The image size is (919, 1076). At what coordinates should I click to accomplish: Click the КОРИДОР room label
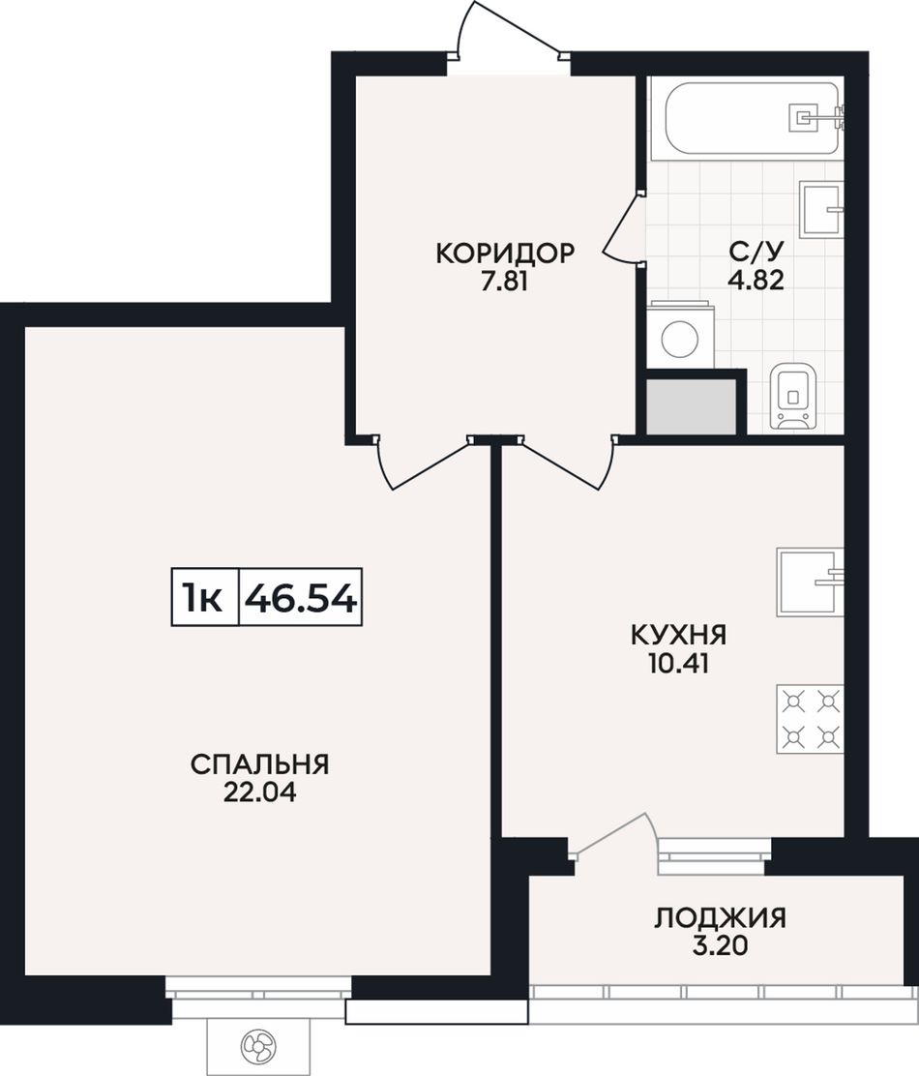(504, 254)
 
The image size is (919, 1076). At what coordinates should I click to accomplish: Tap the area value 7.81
(504, 282)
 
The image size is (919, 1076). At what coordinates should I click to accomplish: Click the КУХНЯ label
(678, 635)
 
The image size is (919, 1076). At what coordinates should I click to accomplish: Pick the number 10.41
(678, 664)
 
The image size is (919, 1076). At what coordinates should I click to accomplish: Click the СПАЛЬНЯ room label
(260, 764)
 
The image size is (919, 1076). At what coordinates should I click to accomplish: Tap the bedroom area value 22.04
(260, 792)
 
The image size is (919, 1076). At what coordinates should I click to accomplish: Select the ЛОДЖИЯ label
(720, 917)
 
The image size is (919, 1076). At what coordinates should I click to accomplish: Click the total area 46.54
(301, 598)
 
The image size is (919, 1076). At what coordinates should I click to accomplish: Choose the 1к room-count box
(204, 598)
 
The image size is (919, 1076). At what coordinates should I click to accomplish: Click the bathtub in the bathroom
(753, 119)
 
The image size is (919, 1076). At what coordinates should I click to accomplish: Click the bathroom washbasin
(821, 209)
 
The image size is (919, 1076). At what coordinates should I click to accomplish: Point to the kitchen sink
(810, 582)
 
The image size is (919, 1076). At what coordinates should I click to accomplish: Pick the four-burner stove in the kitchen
(810, 719)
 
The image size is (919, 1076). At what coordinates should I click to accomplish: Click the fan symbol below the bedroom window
(258, 1046)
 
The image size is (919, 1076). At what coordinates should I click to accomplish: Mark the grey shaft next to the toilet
(692, 405)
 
